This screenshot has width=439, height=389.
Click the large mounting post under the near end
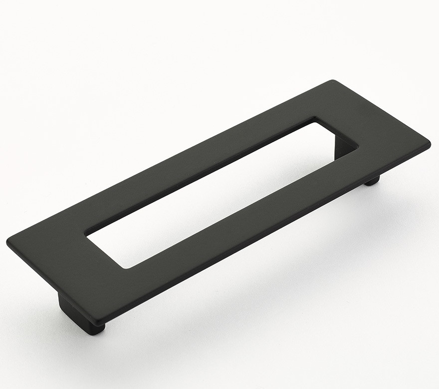[75, 312]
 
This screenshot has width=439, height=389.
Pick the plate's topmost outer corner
[332, 80]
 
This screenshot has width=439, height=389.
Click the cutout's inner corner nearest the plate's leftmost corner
[86, 233]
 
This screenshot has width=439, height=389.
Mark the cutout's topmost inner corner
[315, 118]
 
